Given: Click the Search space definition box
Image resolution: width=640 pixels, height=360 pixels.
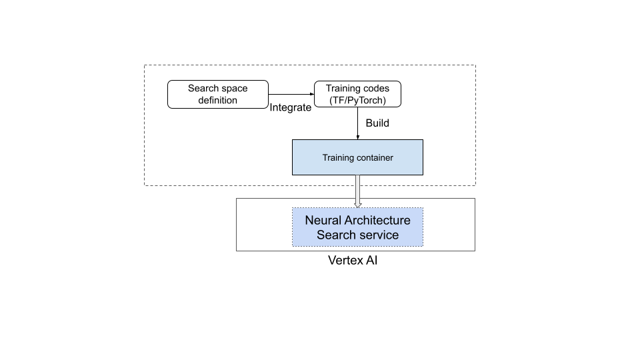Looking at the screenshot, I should point(217,94).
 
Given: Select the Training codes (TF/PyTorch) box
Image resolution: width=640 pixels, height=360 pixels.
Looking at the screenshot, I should point(358,94).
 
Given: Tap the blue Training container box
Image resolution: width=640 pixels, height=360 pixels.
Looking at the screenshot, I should point(357,157).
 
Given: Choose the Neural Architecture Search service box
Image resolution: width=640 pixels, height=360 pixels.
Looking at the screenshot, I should point(357,227).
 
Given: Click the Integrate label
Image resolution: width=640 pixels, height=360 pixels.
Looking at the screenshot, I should point(290,107).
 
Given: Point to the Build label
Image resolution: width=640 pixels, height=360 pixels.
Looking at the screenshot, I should point(377,123).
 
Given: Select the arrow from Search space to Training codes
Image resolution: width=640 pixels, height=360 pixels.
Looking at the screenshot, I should point(291,94).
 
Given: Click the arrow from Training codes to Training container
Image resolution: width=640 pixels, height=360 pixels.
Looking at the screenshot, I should point(358,123).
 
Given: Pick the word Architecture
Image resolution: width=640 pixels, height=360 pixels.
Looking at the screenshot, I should point(377,220).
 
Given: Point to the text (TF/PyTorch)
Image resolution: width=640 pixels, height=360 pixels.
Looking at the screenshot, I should point(358,101).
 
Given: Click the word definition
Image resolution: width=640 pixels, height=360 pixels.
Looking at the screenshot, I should point(217,101).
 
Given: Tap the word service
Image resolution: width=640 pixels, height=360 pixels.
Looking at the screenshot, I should point(379,235).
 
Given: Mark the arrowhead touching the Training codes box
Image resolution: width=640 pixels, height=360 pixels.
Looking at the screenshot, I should point(311,94).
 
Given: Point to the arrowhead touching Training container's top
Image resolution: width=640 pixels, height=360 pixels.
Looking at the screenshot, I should point(358,137).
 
